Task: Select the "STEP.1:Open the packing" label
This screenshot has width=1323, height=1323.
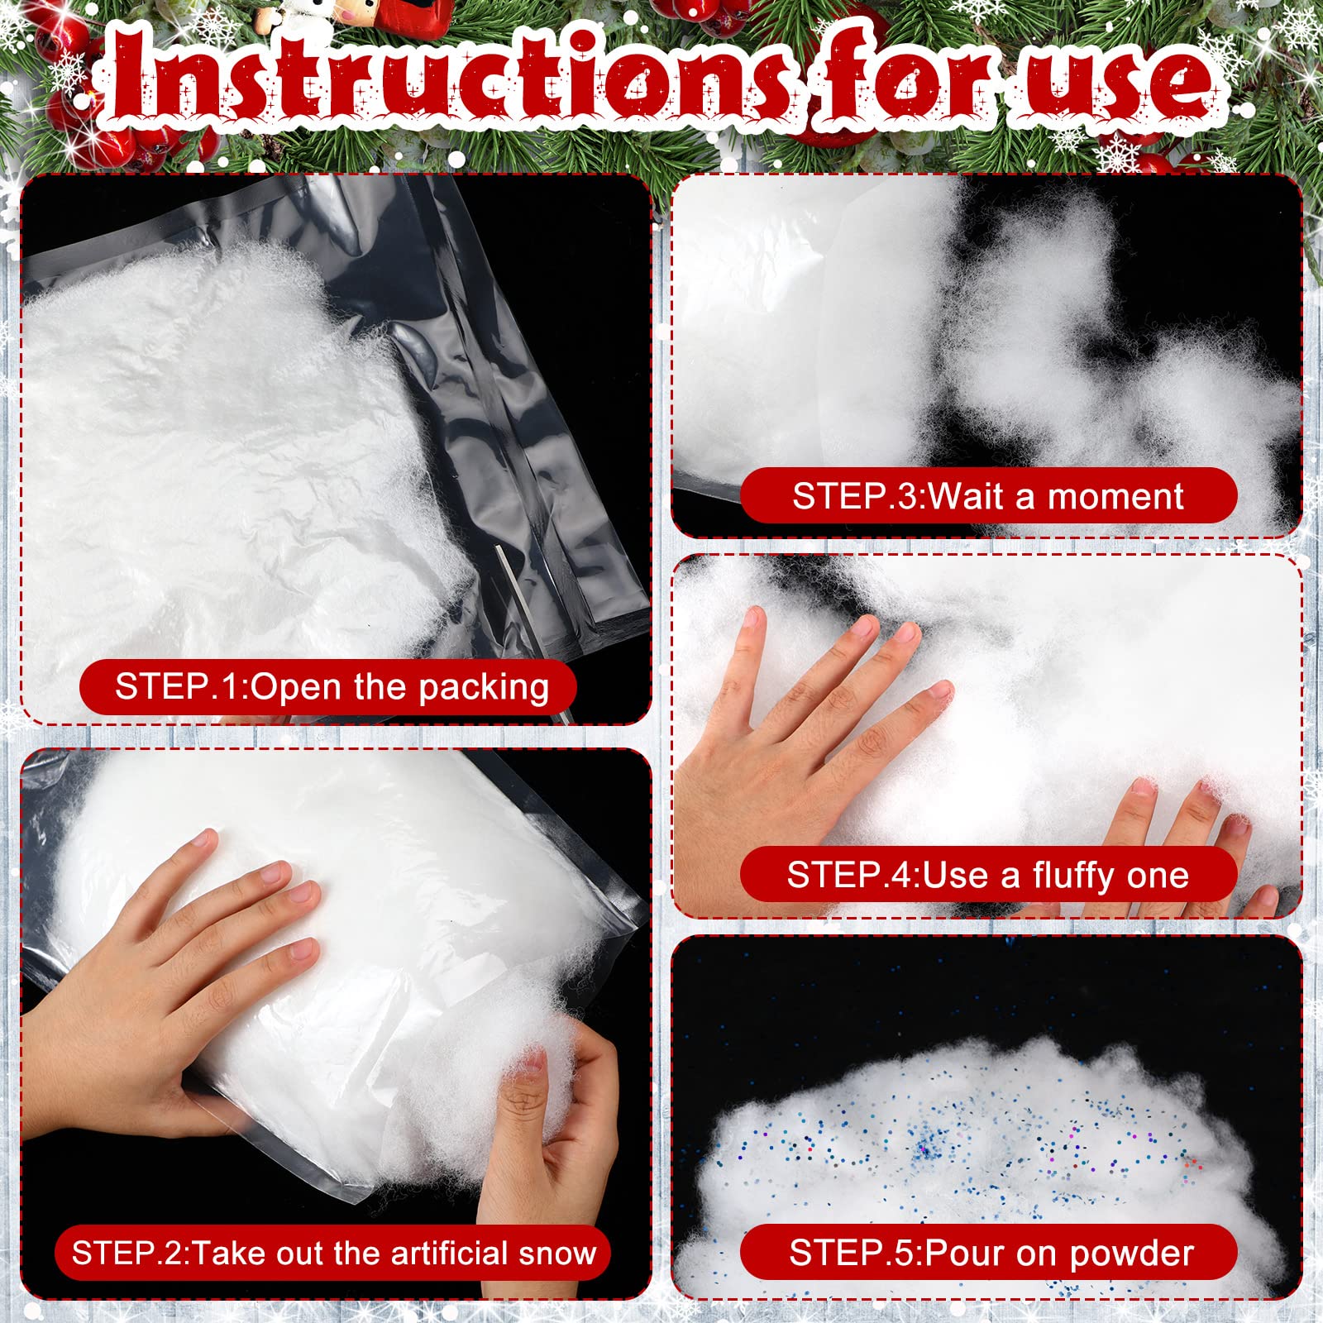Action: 328,687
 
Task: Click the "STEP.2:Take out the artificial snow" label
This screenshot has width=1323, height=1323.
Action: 332,1253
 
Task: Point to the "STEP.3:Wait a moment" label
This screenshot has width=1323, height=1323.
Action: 988,495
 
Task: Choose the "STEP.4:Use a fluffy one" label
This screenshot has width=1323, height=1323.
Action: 988,874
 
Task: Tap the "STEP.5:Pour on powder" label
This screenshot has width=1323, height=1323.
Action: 988,1253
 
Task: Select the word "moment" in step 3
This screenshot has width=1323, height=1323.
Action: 1115,497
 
